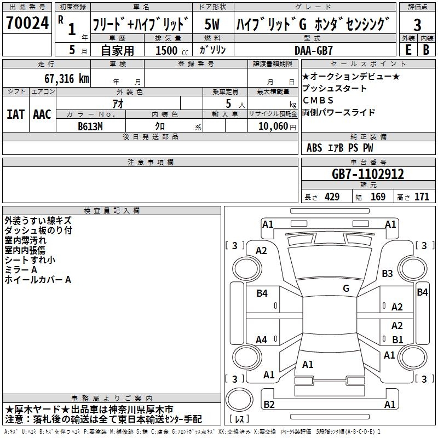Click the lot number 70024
pyautogui.click(x=27, y=23)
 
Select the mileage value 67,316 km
pyautogui.click(x=67, y=79)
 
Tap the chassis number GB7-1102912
pyautogui.click(x=368, y=174)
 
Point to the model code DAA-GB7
pyautogui.click(x=314, y=50)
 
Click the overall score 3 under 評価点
pyautogui.click(x=417, y=25)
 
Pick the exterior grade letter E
pyautogui.click(x=408, y=50)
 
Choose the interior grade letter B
pyautogui.click(x=427, y=50)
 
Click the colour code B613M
pyautogui.click(x=90, y=126)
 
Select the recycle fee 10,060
pyautogui.click(x=273, y=126)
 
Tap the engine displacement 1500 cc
pyautogui.click(x=172, y=50)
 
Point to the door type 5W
pyautogui.click(x=212, y=24)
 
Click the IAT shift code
pyautogui.click(x=16, y=114)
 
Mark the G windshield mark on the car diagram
pyautogui.click(x=346, y=289)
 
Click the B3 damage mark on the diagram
pyautogui.click(x=387, y=273)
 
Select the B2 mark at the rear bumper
pyautogui.click(x=269, y=404)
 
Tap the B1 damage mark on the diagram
pyautogui.click(x=397, y=339)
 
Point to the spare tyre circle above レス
pyautogui.click(x=239, y=400)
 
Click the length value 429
pyautogui.click(x=332, y=197)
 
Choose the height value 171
pyautogui.click(x=422, y=197)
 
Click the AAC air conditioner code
pyautogui.click(x=42, y=114)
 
